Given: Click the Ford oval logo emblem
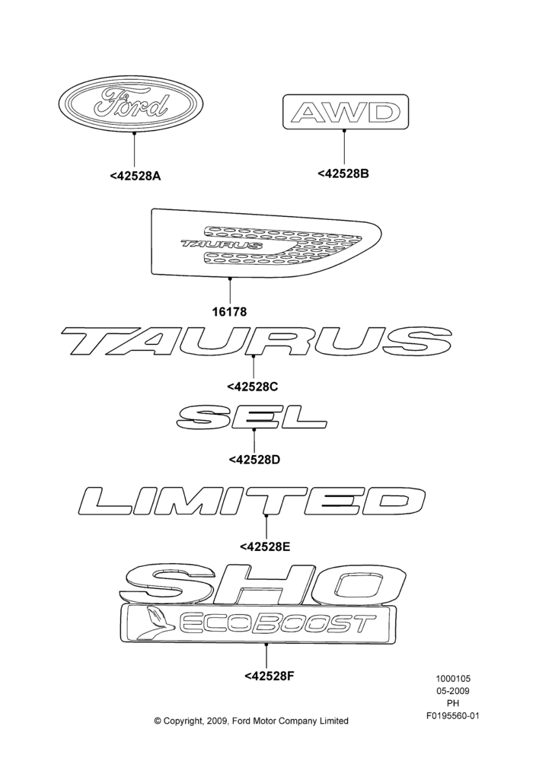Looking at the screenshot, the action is pyautogui.click(x=131, y=103).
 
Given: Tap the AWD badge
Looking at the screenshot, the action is pyautogui.click(x=346, y=112).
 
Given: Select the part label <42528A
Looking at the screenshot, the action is pyautogui.click(x=135, y=176).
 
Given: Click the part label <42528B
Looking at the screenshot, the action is pyautogui.click(x=343, y=174).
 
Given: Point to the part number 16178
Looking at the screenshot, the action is pyautogui.click(x=229, y=311).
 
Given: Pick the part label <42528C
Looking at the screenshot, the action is pyautogui.click(x=253, y=387).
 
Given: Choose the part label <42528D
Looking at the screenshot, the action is pyautogui.click(x=254, y=459).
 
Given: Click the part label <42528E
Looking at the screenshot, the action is pyautogui.click(x=265, y=546).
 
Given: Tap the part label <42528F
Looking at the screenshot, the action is pyautogui.click(x=270, y=676).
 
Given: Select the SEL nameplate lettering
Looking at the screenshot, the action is pyautogui.click(x=252, y=418).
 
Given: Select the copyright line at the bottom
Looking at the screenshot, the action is pyautogui.click(x=251, y=721).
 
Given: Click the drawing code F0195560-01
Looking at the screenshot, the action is pyautogui.click(x=452, y=715).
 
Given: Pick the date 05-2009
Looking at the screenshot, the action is pyautogui.click(x=452, y=691).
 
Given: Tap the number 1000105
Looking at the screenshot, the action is pyautogui.click(x=452, y=679).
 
